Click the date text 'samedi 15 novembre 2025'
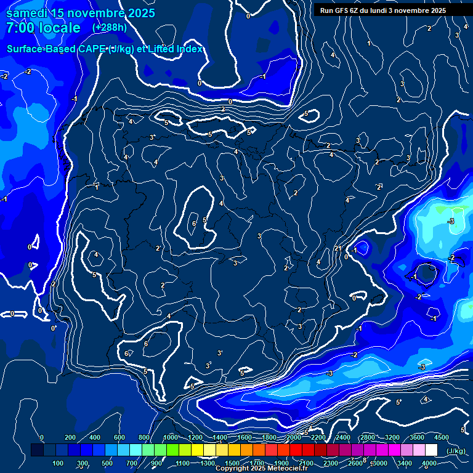click(x=80, y=13)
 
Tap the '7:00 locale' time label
click(x=43, y=28)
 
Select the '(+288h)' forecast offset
click(x=110, y=28)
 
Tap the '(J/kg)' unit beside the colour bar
click(x=456, y=451)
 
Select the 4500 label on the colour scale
click(x=442, y=437)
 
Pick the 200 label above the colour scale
click(x=70, y=437)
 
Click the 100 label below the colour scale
click(x=59, y=463)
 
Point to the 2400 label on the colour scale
click(x=343, y=437)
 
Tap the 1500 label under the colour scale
click(x=232, y=463)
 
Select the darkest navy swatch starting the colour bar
click(x=37, y=450)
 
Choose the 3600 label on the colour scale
click(x=417, y=437)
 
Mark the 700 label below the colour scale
click(x=132, y=463)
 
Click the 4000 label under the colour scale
click(x=429, y=463)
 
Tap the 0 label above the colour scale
click(x=42, y=437)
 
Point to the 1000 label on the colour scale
click(x=171, y=437)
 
